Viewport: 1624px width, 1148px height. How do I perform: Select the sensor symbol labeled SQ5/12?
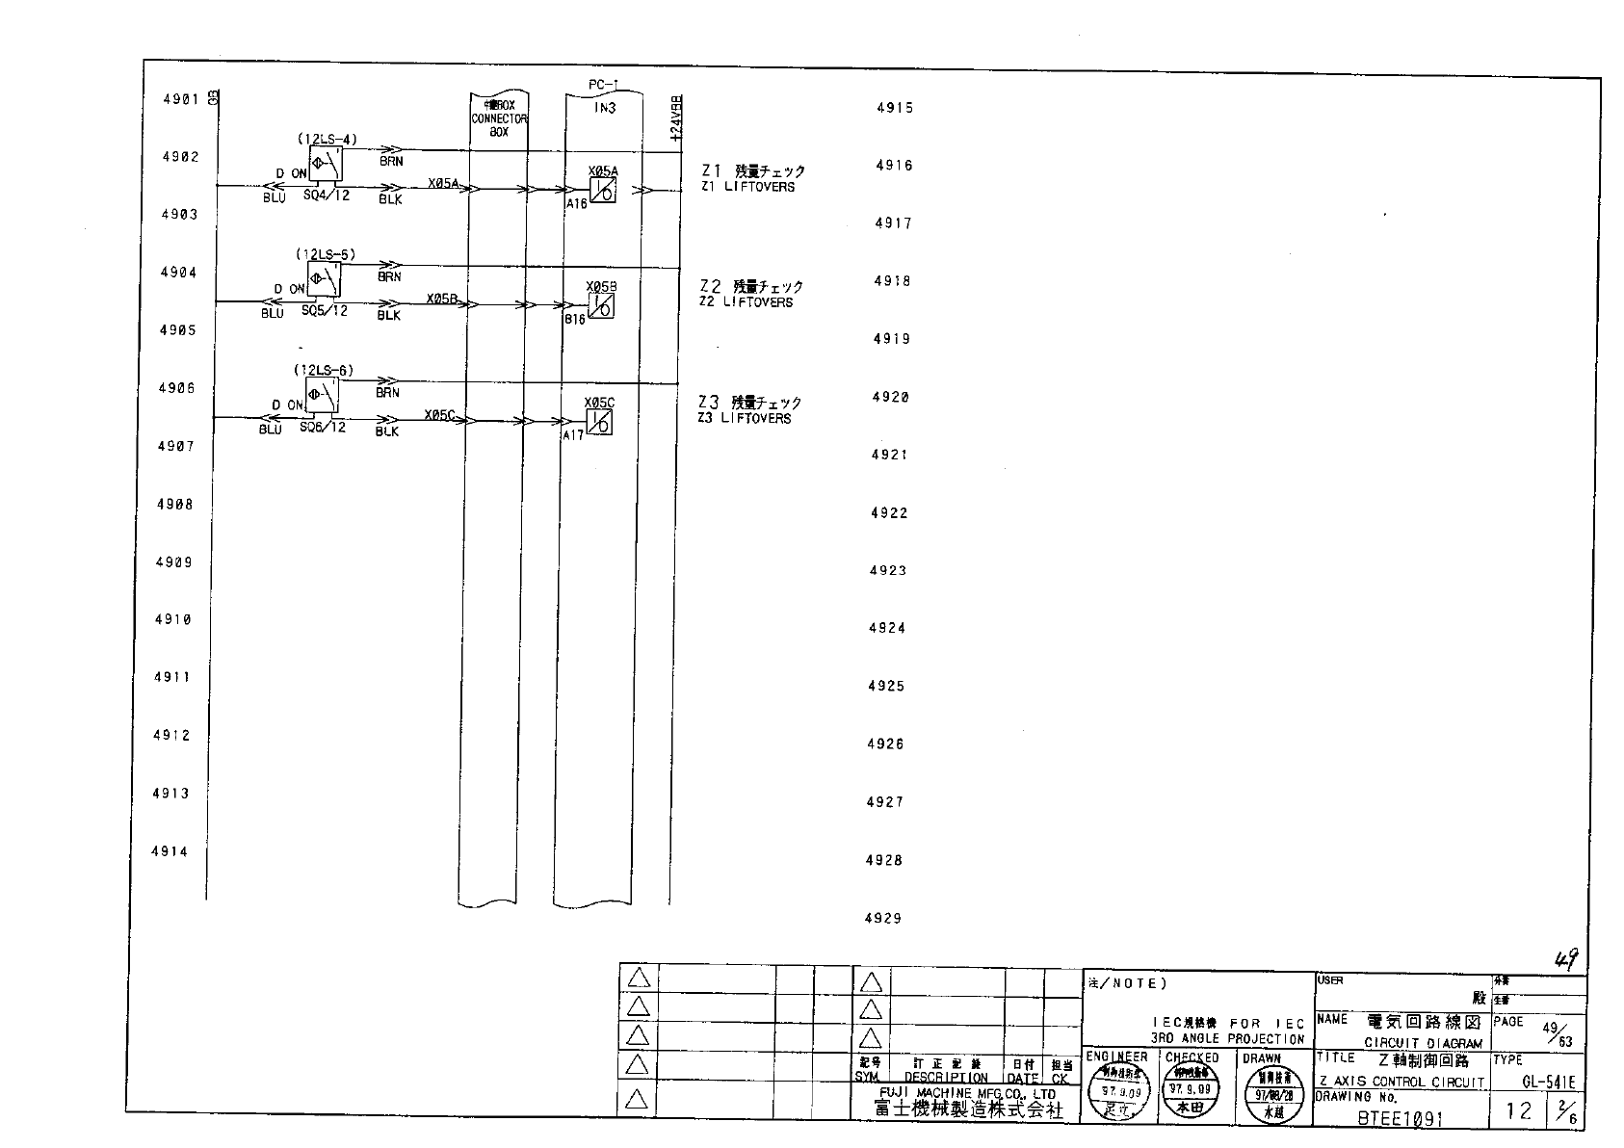pos(325,280)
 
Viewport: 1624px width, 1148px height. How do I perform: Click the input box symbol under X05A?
pos(602,191)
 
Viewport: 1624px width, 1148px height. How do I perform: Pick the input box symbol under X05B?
pos(601,305)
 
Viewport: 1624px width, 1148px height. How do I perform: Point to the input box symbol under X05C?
pos(599,422)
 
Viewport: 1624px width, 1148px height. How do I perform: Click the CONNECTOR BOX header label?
pos(499,118)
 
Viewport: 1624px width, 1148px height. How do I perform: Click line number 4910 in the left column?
pos(173,619)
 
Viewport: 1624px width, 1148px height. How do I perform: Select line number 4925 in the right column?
pos(886,686)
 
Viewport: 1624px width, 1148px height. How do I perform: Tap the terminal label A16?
pos(576,204)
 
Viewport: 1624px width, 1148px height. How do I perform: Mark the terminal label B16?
pos(574,319)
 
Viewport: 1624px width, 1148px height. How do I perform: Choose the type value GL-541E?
pos(1548,1083)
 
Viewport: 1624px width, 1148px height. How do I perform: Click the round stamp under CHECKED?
pos(1192,1095)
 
